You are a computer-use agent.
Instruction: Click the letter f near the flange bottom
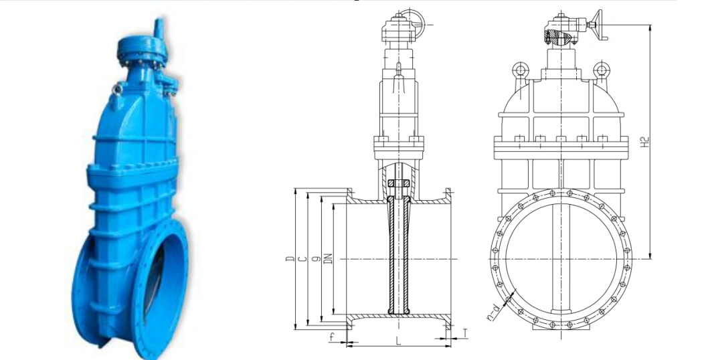331,338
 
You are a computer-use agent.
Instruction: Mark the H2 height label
644,142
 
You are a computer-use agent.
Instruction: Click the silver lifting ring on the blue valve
117,90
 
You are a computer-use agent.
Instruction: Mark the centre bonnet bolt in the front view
561,139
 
